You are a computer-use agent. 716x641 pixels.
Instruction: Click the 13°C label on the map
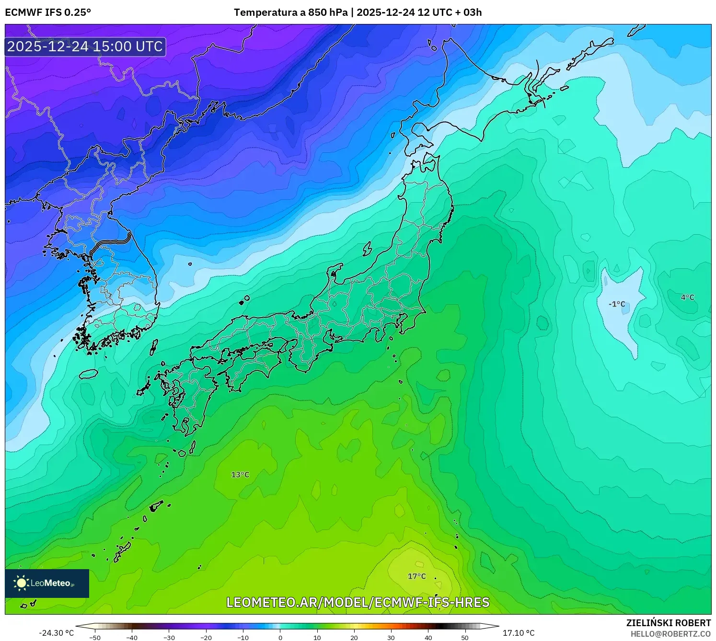point(240,475)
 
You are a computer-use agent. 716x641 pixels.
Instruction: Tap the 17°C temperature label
point(416,576)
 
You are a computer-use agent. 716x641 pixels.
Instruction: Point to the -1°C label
point(617,304)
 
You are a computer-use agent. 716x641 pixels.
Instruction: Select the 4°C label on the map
point(687,298)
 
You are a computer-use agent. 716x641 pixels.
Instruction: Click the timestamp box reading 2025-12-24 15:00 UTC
point(85,46)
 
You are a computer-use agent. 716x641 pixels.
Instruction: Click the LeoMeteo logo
point(47,583)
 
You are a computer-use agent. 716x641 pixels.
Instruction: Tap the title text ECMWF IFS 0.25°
point(48,12)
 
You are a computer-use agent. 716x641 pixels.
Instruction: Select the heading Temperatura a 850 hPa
point(290,12)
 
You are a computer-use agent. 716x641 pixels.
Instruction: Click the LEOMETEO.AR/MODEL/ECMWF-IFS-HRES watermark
point(358,602)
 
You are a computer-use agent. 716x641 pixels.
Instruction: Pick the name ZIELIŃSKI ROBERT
point(668,623)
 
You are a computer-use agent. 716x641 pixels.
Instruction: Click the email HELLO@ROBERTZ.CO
point(670,634)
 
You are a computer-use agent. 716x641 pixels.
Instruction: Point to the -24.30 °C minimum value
point(57,633)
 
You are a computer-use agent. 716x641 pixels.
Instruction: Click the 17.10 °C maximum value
point(518,633)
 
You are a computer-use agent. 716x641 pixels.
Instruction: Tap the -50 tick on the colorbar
point(95,638)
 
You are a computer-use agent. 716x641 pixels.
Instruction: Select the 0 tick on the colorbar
point(280,638)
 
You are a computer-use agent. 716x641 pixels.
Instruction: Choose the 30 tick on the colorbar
point(391,638)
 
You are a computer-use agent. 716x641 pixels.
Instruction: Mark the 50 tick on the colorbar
point(465,638)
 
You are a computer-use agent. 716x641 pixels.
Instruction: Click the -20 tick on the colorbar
point(206,638)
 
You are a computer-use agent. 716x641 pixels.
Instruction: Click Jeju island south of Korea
point(88,374)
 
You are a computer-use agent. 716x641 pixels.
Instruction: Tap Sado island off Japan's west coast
point(368,249)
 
